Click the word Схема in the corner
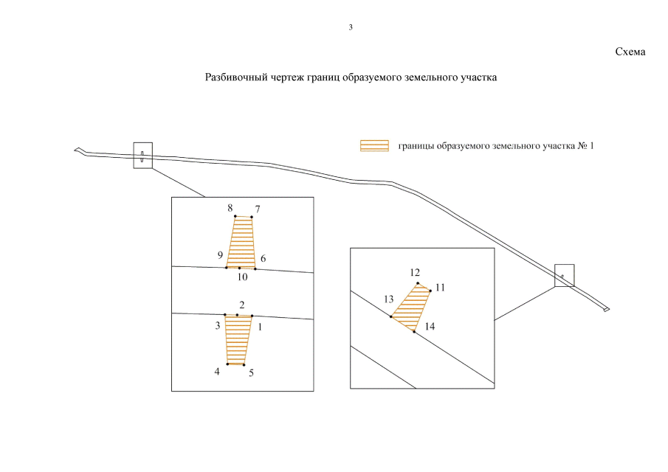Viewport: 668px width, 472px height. pos(630,52)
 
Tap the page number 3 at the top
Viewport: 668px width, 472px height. pos(351,27)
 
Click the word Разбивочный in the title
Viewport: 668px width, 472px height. pos(236,77)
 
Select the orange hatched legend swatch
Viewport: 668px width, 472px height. pos(374,145)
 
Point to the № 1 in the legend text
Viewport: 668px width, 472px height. pos(586,146)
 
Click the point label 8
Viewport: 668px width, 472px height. pos(230,208)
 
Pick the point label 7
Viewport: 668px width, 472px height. pos(258,209)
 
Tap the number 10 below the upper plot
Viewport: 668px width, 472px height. pos(242,277)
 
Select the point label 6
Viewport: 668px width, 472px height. pos(264,258)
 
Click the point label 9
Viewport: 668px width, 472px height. pos(220,255)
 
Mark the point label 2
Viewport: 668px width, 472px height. pos(242,305)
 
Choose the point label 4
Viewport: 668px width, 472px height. pos(217,372)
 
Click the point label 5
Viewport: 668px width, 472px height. pos(252,373)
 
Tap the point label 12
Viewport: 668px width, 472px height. pos(415,272)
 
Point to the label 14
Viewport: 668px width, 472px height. pos(430,327)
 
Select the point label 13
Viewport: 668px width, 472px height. pos(388,299)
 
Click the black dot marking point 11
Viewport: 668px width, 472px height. pos(430,291)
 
